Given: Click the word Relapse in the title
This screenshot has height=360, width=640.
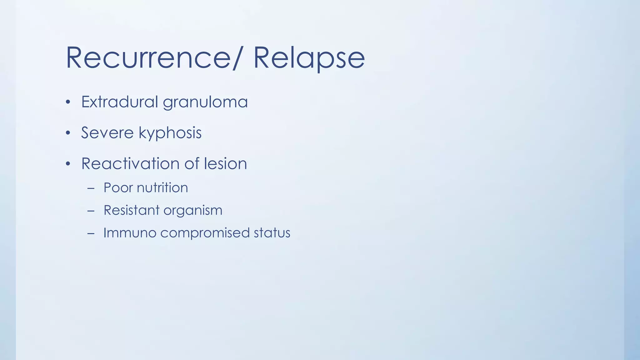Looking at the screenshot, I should click(309, 58).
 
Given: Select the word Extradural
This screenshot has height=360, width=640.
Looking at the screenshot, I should click(119, 102).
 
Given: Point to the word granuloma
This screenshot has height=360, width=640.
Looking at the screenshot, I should click(205, 102).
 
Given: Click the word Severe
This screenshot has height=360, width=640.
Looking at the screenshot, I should click(107, 132).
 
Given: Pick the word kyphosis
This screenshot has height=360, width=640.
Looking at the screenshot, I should click(170, 133).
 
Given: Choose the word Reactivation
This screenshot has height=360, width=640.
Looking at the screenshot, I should click(130, 163).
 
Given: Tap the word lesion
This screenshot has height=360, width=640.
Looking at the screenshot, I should click(225, 163).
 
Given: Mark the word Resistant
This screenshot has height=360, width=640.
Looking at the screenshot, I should click(131, 210).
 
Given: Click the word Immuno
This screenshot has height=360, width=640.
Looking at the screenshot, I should click(129, 233).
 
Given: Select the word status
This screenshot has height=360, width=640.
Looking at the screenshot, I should click(272, 233).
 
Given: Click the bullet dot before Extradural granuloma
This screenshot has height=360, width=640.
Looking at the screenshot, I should click(68, 102).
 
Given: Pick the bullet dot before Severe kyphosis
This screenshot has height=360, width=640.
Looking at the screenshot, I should click(68, 133).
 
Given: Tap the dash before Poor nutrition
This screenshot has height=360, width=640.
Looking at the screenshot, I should click(91, 188).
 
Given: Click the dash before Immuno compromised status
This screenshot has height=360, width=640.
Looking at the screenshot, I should click(91, 233).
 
